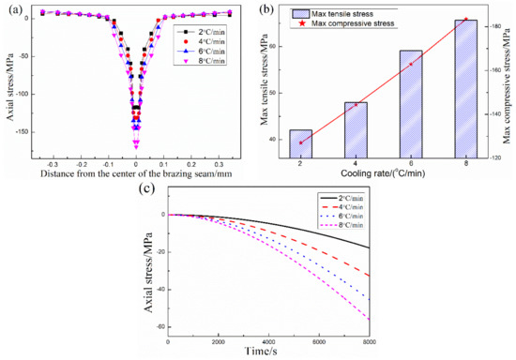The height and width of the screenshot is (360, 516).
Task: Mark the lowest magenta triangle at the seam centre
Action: pos(136,145)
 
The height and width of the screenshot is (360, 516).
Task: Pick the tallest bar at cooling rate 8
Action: pos(466,89)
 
